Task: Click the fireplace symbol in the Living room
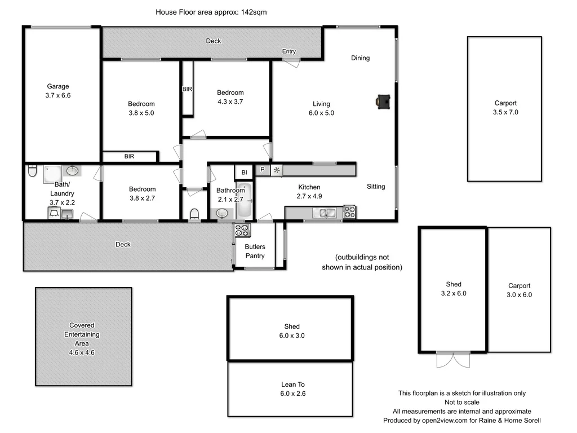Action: tap(383, 101)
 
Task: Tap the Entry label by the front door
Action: tap(288, 52)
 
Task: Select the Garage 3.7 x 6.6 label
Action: tap(58, 91)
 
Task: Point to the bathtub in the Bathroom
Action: tap(245, 201)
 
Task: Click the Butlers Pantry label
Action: tap(255, 251)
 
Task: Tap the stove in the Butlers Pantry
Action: tap(242, 230)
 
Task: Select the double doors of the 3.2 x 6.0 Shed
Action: tap(453, 359)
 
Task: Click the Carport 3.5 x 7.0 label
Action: tap(505, 108)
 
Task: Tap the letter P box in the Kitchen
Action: tap(262, 170)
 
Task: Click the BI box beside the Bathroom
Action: tap(244, 172)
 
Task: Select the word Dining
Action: tap(360, 58)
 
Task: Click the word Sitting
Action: tap(376, 187)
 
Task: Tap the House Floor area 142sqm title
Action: tap(211, 12)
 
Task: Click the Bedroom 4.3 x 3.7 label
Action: tap(230, 97)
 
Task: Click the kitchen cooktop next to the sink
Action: tap(349, 213)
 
